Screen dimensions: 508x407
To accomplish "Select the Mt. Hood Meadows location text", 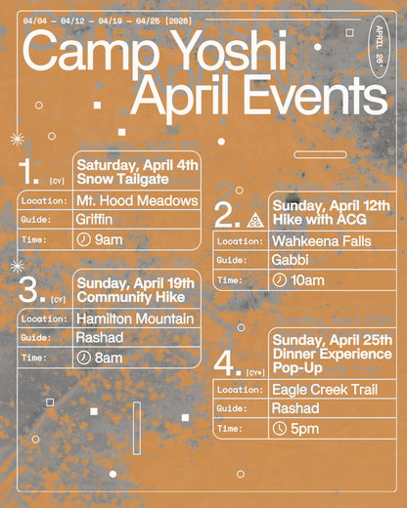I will point(136,201).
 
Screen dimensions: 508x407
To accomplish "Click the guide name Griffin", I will point(95,220).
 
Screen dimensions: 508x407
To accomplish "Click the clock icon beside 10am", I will point(280,280).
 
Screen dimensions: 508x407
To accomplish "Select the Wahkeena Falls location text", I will point(322,241).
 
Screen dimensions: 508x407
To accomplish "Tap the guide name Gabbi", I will point(293,261).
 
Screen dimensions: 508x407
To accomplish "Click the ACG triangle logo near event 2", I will point(255,219).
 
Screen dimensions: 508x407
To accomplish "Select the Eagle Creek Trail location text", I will point(326,390).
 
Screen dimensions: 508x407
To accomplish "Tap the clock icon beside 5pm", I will point(280,428).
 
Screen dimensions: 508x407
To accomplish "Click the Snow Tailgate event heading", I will point(123,179).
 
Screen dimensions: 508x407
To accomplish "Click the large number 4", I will point(227,364).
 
